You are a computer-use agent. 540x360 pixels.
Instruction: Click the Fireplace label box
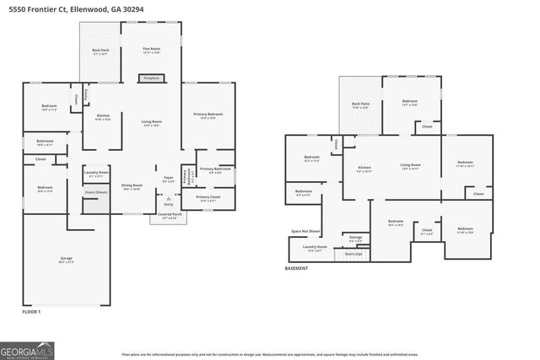pos(151,78)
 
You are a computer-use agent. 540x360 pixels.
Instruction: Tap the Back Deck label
pos(100,52)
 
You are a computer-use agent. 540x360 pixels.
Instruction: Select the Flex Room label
pos(151,51)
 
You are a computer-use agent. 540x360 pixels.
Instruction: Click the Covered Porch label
pos(169,216)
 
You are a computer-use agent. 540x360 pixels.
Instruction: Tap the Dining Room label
pos(132,186)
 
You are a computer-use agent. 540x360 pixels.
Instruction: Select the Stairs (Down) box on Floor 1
pos(96,192)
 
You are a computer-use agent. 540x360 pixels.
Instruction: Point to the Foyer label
pos(168,179)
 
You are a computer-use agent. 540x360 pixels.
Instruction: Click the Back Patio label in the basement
pos(360,105)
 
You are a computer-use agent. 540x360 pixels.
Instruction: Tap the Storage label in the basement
pos(355,239)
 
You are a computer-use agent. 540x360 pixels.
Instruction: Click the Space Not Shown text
pos(305,230)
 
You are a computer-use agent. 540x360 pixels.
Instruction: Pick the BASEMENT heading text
pos(296,268)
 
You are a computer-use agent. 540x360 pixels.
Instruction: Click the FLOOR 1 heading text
pos(31,312)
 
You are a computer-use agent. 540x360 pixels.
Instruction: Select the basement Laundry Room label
pos(315,248)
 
